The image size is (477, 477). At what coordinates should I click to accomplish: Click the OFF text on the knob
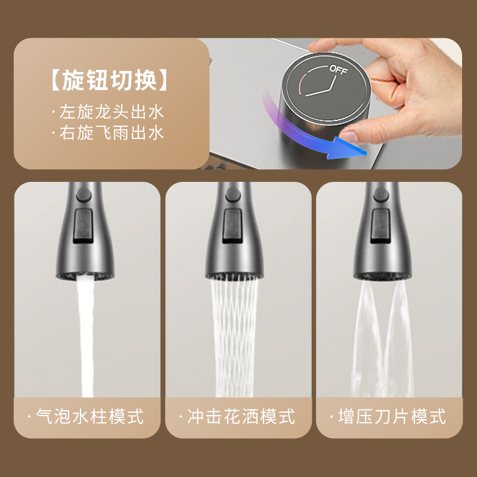338,70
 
